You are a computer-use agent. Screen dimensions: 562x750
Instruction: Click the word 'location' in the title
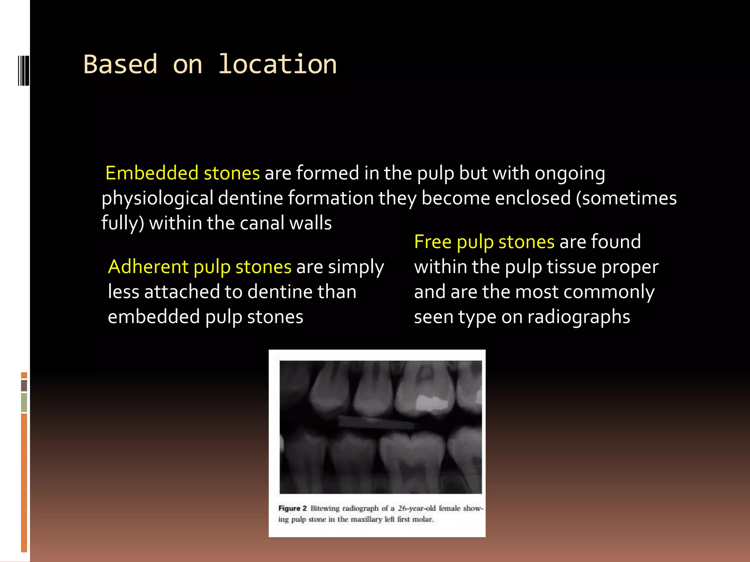(277, 64)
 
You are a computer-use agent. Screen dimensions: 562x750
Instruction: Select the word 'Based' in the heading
(120, 64)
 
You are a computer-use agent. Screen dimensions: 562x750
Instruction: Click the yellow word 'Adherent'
(148, 266)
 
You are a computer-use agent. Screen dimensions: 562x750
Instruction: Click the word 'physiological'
(157, 198)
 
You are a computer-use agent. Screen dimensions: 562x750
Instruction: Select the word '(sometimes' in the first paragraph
(626, 198)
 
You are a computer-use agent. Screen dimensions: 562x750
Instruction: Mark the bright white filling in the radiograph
(432, 402)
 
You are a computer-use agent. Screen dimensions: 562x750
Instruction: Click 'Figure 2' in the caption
(292, 508)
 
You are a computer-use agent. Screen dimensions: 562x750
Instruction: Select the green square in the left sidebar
(24, 402)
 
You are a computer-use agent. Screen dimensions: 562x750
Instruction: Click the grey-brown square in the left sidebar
(24, 385)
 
